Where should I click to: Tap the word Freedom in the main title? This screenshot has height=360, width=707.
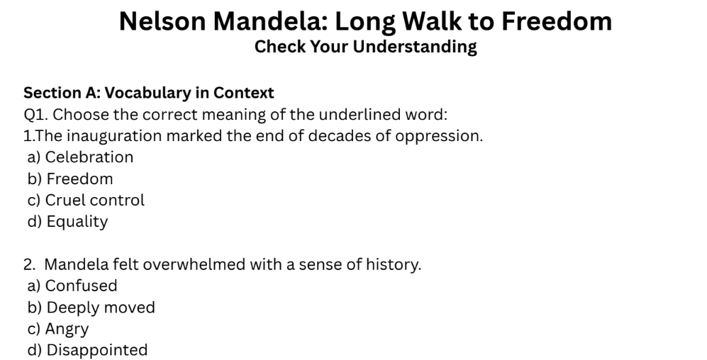[x=557, y=22]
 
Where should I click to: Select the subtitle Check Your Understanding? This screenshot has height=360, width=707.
[x=365, y=47]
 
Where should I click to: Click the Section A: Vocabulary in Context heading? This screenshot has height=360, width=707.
[x=149, y=93]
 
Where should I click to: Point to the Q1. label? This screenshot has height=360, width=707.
[x=36, y=114]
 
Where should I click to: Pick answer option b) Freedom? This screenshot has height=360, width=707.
[x=70, y=179]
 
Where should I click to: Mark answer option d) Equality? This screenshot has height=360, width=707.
[x=67, y=222]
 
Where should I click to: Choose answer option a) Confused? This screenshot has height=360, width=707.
[x=72, y=286]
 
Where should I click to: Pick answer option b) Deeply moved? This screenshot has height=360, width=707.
[x=91, y=308]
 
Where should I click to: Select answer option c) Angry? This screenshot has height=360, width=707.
[x=58, y=329]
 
